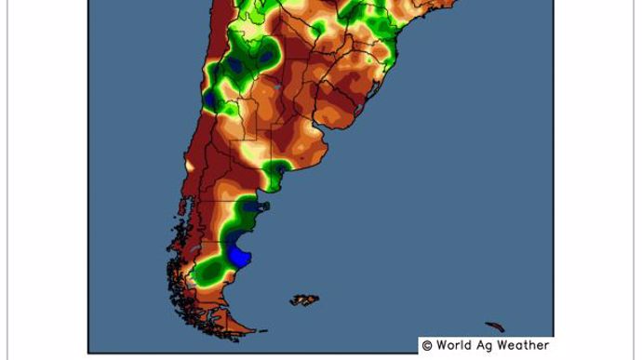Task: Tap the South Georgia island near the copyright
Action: (496, 327)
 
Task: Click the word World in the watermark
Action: (456, 345)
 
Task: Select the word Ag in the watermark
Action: (488, 345)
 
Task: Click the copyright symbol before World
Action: (427, 345)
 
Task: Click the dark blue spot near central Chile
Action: (210, 97)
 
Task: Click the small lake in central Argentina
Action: (277, 86)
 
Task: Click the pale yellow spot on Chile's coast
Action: (190, 167)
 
